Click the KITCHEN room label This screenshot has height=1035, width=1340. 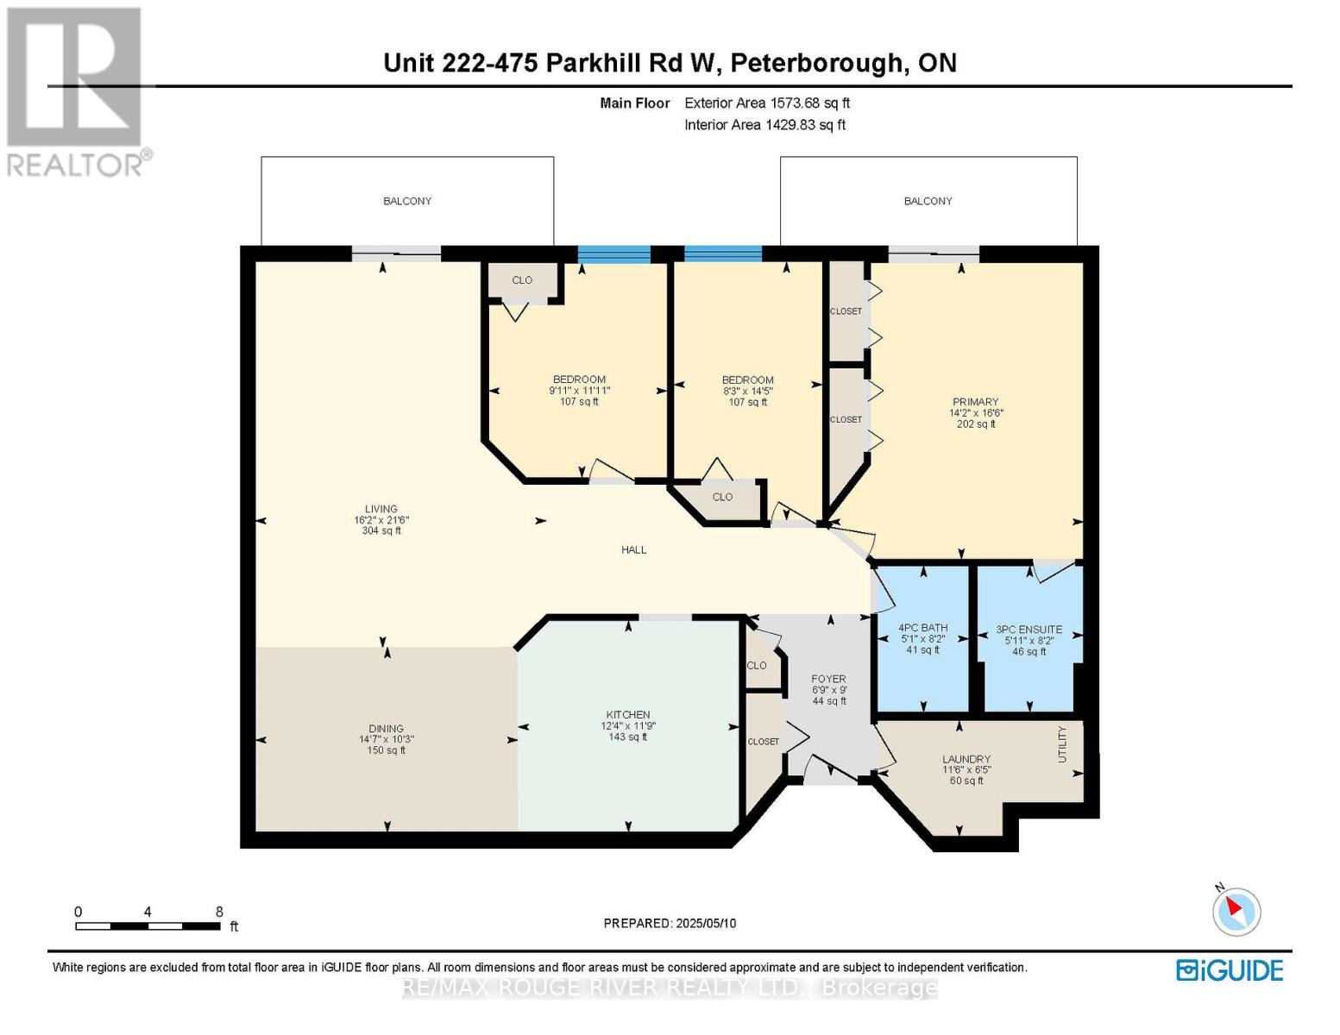[x=628, y=714]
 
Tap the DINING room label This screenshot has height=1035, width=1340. [x=386, y=729]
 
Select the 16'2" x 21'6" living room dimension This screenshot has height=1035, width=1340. [x=381, y=520]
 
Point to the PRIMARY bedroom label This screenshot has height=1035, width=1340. [x=975, y=402]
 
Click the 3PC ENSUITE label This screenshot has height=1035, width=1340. [x=1029, y=630]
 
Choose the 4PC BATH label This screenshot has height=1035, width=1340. [x=922, y=628]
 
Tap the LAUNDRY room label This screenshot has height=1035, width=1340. [x=966, y=760]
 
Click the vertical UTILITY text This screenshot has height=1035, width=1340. [x=1062, y=744]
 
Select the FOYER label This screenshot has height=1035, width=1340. [x=829, y=679]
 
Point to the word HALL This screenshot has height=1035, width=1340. [x=634, y=550]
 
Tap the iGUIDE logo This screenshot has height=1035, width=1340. [x=1230, y=971]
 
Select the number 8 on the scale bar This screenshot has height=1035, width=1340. [x=219, y=911]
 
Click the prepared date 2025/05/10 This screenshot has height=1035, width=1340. [x=706, y=924]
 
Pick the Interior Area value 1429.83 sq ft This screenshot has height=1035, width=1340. [x=805, y=125]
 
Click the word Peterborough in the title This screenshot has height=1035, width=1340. [x=817, y=64]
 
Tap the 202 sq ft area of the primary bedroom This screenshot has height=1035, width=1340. [x=976, y=424]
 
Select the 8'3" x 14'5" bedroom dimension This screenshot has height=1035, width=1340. [x=747, y=391]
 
